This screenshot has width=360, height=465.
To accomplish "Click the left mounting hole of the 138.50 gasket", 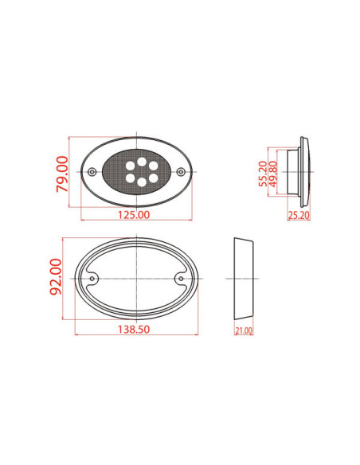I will [93, 278].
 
